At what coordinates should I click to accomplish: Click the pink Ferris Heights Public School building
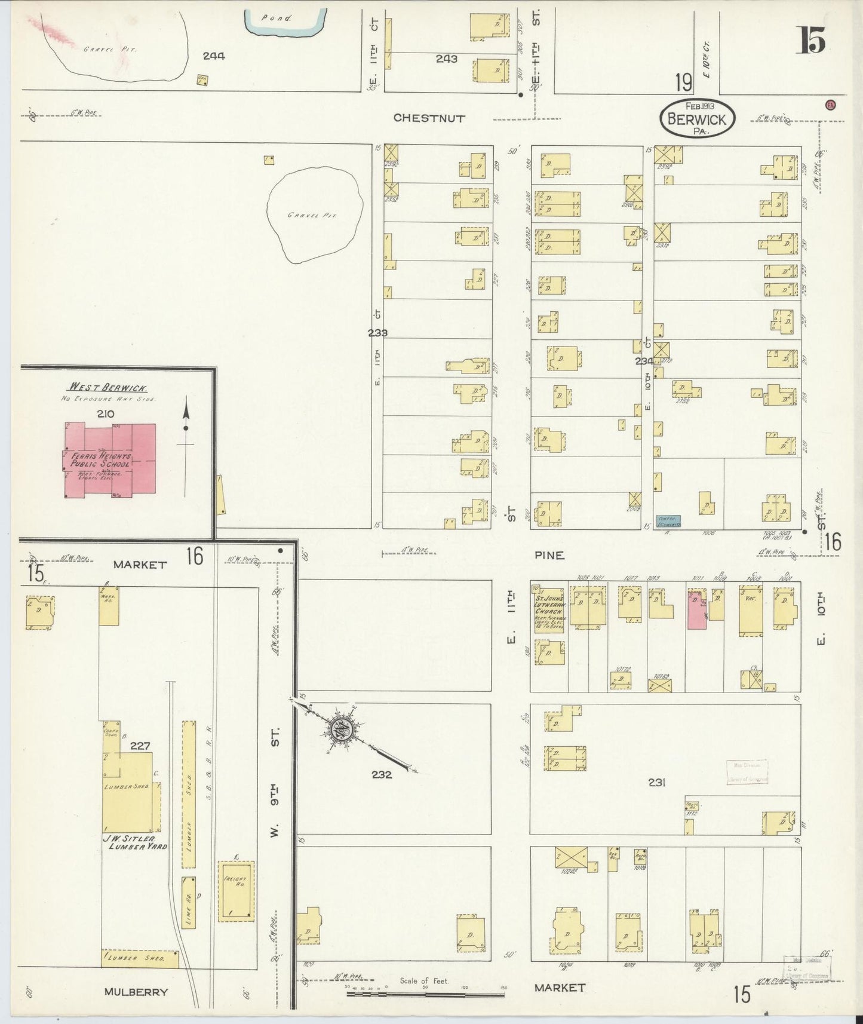click(x=110, y=459)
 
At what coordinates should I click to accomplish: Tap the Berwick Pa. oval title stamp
click(x=697, y=118)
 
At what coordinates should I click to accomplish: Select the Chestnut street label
click(x=429, y=118)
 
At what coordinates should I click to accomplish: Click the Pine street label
click(x=549, y=555)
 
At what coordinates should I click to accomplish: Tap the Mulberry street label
click(x=136, y=992)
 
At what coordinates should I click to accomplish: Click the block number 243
click(x=446, y=59)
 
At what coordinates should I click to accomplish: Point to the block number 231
click(x=656, y=782)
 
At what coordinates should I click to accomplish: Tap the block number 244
click(x=213, y=56)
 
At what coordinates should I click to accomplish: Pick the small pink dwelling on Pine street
click(x=695, y=609)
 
